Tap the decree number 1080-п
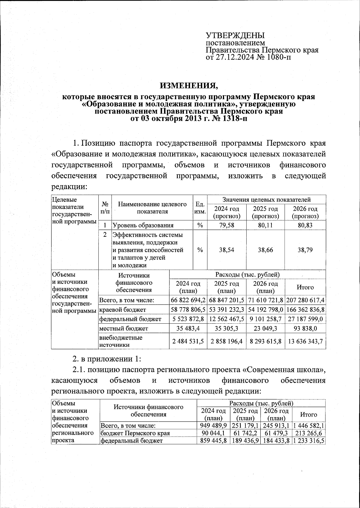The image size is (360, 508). (278, 57)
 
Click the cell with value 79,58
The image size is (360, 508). (226, 225)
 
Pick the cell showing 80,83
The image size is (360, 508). (305, 225)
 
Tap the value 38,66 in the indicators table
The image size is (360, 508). (265, 250)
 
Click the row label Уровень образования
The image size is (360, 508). (143, 225)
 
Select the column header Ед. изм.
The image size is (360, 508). (200, 208)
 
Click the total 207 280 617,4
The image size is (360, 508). (305, 300)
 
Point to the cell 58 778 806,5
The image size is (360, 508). (188, 309)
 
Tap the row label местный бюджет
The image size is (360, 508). (124, 328)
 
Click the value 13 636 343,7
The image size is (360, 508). (305, 341)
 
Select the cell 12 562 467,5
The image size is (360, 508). (226, 319)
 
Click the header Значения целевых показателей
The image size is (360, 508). (266, 199)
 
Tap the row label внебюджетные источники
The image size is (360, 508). (121, 341)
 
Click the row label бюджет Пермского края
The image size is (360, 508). (135, 433)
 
